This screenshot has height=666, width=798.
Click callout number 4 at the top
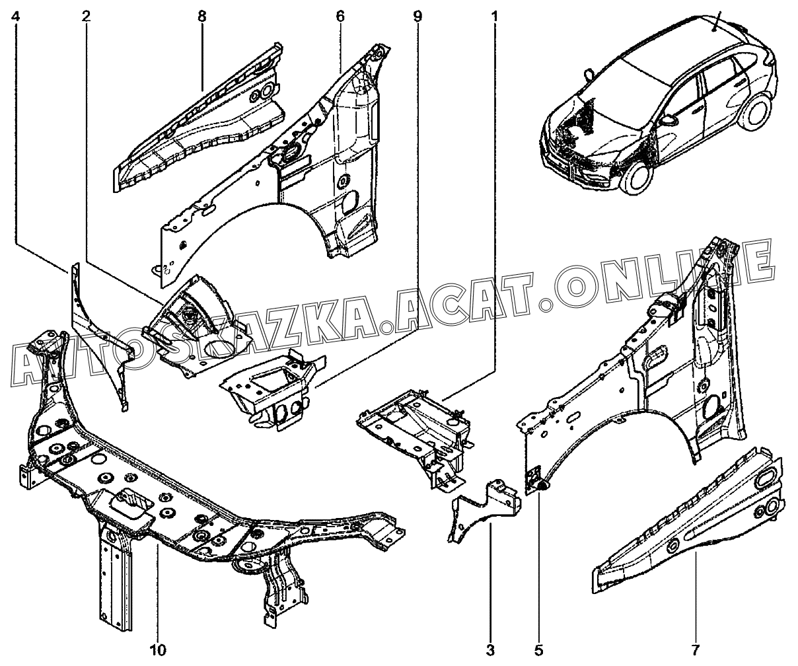coord(15,17)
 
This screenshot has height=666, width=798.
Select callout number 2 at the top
coord(86,17)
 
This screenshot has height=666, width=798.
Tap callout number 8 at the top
coord(202,17)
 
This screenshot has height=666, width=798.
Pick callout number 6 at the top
coord(340,17)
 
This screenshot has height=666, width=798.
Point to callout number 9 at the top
coord(417,17)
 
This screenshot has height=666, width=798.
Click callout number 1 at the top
coord(495,17)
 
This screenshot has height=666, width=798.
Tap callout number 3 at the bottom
coord(490,649)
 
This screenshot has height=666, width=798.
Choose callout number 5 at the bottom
coord(538,649)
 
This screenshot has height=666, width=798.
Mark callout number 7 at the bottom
coord(695,649)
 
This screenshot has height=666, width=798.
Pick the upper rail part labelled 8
coord(199,118)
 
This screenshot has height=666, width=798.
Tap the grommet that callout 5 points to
coord(542,486)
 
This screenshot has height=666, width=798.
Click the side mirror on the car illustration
coord(668,121)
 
